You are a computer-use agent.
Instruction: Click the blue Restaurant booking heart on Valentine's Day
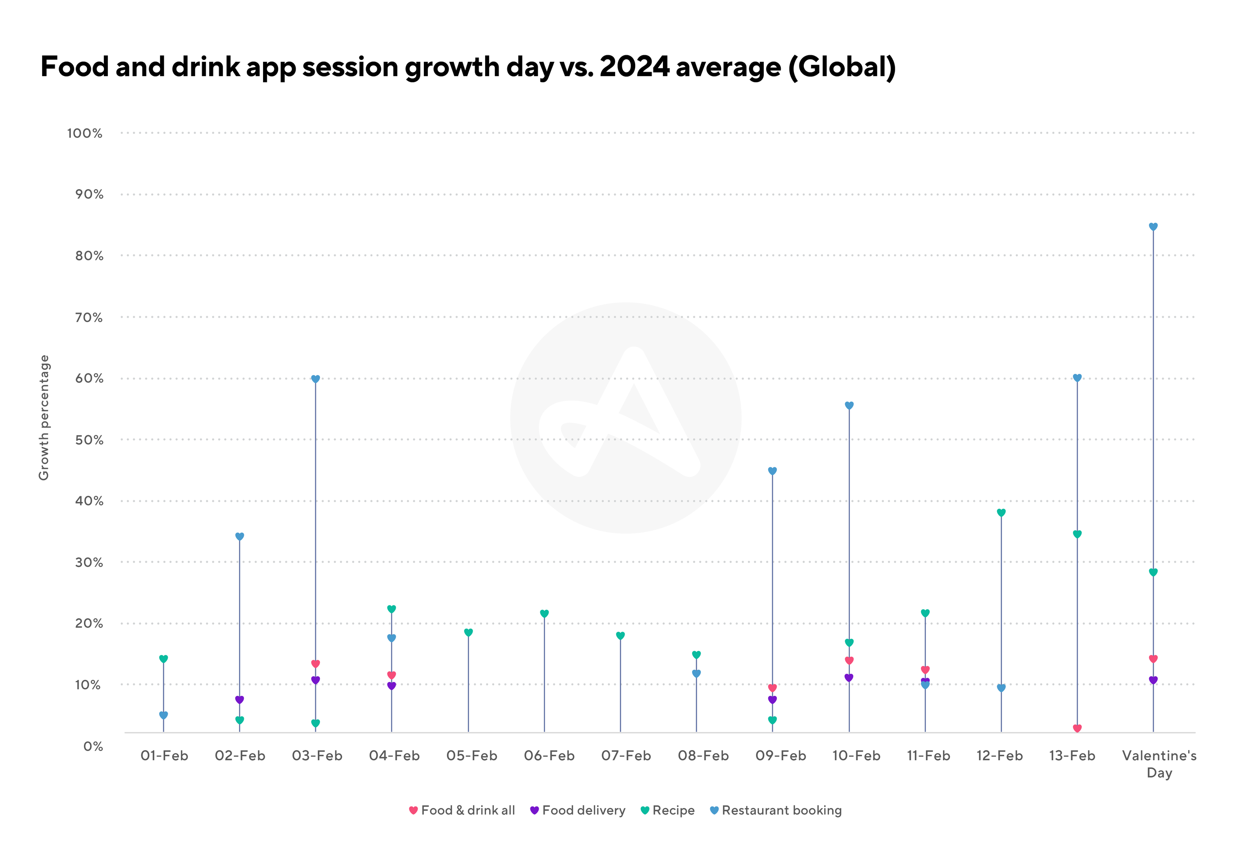click(1153, 227)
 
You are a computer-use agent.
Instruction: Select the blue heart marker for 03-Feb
click(316, 379)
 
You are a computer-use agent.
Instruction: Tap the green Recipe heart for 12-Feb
click(1001, 512)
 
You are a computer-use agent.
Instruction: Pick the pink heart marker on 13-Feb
click(1077, 728)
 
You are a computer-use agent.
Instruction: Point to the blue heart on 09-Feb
click(772, 471)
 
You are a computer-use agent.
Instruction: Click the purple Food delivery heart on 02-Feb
click(239, 700)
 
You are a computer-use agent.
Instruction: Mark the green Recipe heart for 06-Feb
click(544, 613)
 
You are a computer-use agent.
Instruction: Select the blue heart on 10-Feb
click(849, 406)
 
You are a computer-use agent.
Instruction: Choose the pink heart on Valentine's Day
click(1153, 659)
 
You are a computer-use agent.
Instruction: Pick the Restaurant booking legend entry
click(776, 810)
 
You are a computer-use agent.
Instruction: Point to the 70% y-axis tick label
click(89, 317)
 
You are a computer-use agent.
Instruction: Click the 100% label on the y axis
click(85, 133)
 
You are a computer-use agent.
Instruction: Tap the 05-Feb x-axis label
click(472, 756)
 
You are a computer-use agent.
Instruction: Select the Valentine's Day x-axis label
click(1159, 764)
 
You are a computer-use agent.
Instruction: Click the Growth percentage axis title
click(43, 417)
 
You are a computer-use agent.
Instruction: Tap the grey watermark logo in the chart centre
click(626, 418)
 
